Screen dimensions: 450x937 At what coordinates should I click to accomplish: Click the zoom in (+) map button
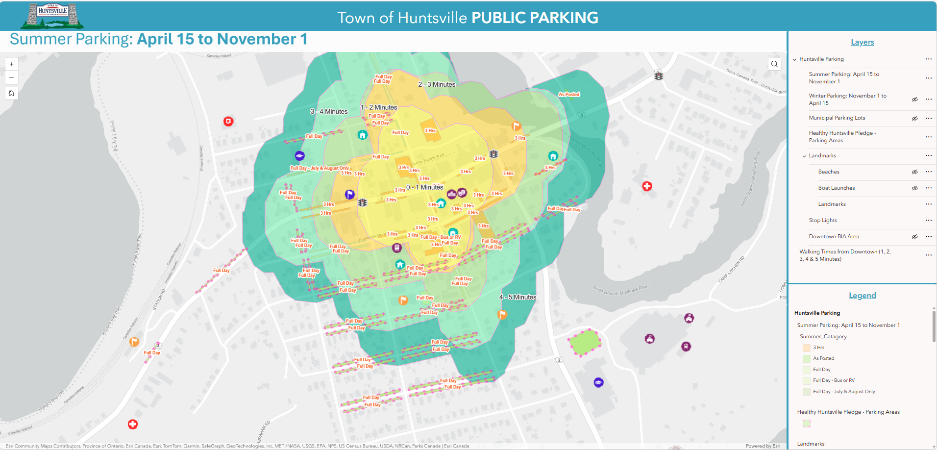(12, 64)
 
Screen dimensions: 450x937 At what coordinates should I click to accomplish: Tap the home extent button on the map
(12, 93)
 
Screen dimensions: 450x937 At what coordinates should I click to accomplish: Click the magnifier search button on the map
(774, 64)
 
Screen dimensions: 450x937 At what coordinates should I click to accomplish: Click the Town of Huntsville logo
(52, 16)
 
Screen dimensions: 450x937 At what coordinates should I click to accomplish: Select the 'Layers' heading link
(862, 42)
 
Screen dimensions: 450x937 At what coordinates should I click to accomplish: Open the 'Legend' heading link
(862, 296)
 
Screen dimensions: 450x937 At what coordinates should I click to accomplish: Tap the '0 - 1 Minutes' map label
(424, 187)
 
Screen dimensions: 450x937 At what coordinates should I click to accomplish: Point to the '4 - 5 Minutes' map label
(518, 297)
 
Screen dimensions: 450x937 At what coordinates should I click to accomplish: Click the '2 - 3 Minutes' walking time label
(437, 84)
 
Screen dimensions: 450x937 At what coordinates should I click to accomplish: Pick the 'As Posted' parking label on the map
(569, 94)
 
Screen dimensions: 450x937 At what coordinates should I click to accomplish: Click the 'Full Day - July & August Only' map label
(320, 168)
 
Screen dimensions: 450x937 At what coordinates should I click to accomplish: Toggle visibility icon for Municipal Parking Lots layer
(914, 118)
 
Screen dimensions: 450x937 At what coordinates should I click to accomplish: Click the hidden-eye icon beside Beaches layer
(914, 172)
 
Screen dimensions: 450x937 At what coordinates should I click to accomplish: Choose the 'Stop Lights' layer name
(823, 221)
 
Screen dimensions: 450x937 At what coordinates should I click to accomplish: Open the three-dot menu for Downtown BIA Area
(929, 236)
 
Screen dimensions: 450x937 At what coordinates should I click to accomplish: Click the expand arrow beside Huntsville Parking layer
(794, 59)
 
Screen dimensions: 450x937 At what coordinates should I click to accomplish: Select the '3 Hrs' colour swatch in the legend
(806, 348)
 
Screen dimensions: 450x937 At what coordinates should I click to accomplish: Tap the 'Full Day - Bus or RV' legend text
(834, 380)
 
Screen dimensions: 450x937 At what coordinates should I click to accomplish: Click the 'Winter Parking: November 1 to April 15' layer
(847, 100)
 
